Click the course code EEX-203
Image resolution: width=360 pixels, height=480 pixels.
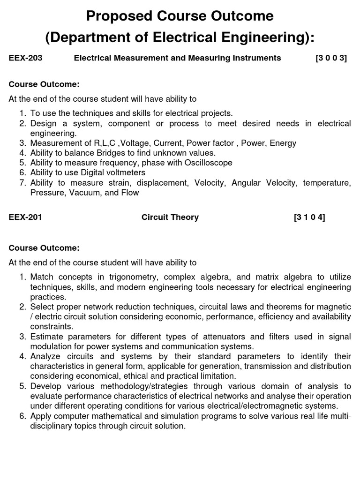click(x=26, y=58)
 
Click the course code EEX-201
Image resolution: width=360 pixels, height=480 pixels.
click(x=26, y=217)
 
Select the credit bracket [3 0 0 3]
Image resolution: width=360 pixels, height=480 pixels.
click(x=331, y=58)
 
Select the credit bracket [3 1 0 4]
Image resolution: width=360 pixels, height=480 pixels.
click(x=309, y=217)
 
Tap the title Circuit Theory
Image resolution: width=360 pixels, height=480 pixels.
click(x=170, y=217)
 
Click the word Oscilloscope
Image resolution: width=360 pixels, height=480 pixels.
click(x=204, y=163)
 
